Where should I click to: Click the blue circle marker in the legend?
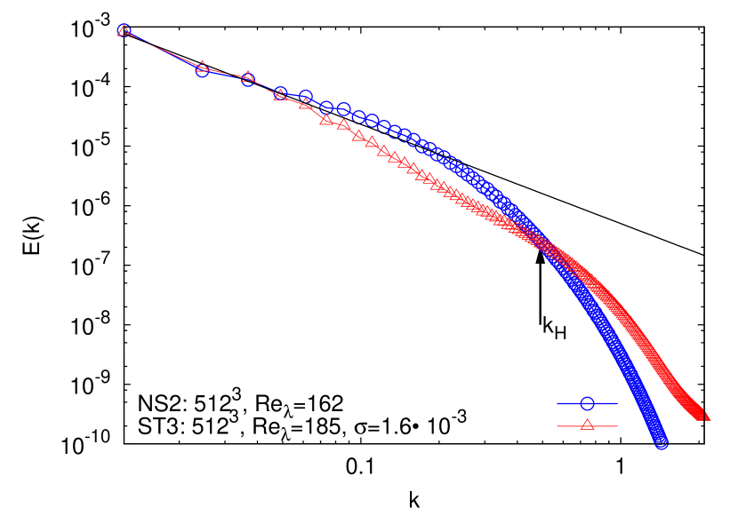coord(587,403)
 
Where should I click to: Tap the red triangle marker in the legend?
coord(587,425)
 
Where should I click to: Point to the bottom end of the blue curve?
coord(661,441)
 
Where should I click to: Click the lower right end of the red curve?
coord(706,415)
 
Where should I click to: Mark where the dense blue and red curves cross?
coord(544,244)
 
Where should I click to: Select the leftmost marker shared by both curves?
coord(124,31)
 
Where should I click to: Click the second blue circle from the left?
coord(202,69)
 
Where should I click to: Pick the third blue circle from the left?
coord(248,79)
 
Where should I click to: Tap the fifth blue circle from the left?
coord(305,97)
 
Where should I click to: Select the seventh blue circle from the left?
coord(344,110)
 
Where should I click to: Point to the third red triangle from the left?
coord(248,76)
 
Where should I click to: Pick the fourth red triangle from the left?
coord(280,94)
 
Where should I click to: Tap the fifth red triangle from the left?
coord(305,104)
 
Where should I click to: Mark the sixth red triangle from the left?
coord(327,119)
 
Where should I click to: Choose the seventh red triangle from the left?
coord(344,125)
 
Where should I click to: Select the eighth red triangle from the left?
coord(358,136)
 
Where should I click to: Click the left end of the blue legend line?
coord(558,403)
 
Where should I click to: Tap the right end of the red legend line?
coord(616,426)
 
